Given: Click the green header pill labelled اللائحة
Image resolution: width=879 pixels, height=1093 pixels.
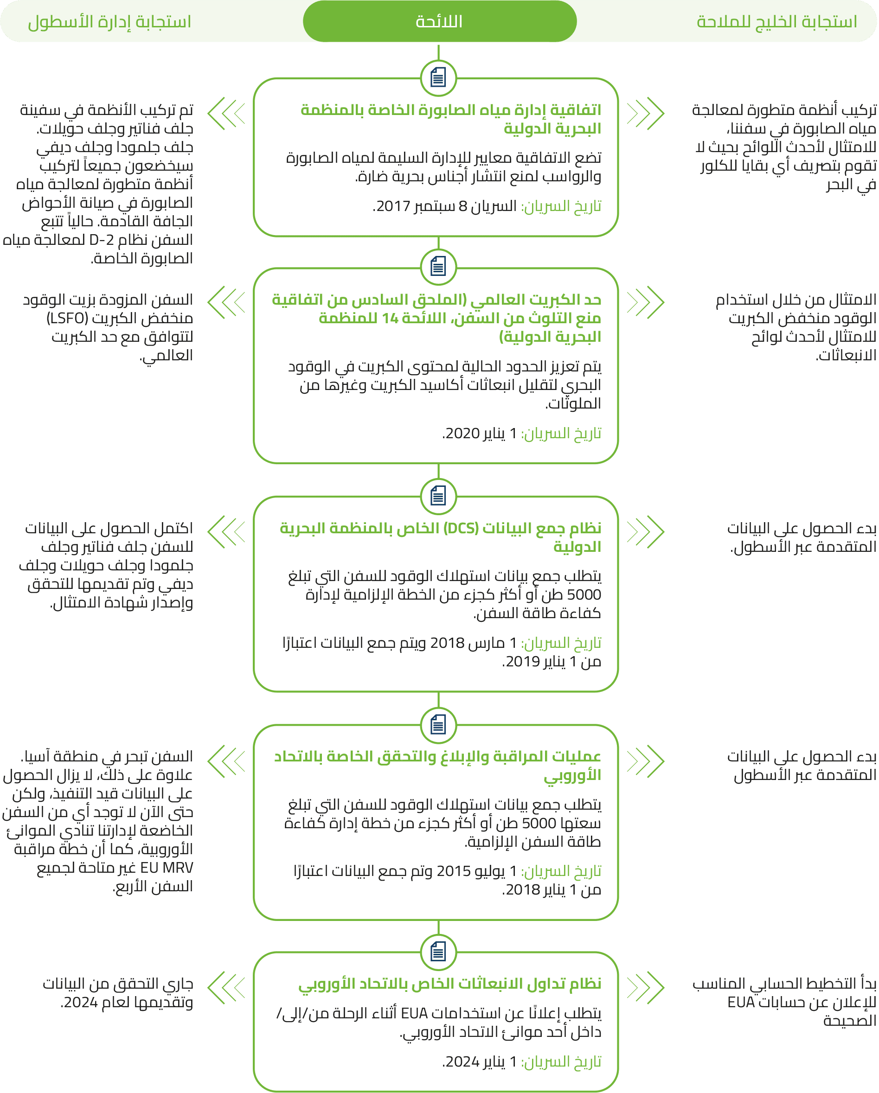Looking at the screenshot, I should pyautogui.click(x=439, y=21).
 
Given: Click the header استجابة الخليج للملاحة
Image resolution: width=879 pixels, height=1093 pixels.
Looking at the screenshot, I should pyautogui.click(x=776, y=22).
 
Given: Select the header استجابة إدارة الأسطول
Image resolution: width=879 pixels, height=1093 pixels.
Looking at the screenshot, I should pyautogui.click(x=109, y=22).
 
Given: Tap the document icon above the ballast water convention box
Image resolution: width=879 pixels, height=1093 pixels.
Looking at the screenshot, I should pyautogui.click(x=438, y=78).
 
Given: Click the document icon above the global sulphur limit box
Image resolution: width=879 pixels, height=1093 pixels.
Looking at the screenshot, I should pyautogui.click(x=438, y=267).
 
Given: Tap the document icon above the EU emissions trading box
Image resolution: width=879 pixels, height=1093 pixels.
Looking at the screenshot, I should pyautogui.click(x=438, y=952).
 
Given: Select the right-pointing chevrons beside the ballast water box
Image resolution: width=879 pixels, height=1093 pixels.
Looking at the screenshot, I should pyautogui.click(x=645, y=114).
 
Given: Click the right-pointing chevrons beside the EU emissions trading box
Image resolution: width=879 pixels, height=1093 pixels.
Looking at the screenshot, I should pyautogui.click(x=645, y=987).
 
